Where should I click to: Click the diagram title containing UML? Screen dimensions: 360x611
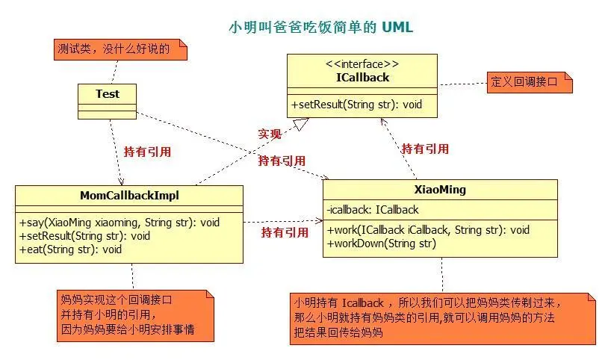320,28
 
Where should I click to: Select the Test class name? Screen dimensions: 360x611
108,94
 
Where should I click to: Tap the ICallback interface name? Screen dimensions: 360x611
363,77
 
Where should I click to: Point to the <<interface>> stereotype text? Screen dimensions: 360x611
363,64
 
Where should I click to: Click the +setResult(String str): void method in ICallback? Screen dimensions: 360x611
357,105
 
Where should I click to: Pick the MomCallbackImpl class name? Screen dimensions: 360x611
128,196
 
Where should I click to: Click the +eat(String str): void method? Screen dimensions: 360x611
71,249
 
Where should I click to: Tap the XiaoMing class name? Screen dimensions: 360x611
440,190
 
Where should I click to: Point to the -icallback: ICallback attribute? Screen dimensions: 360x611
373,210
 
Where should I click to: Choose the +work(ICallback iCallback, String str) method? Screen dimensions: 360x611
428,230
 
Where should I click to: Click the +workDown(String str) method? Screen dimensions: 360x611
381,243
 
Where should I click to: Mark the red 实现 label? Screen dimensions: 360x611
270,134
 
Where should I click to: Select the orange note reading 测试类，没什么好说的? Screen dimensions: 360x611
118,50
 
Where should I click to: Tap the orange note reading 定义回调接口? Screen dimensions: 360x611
529,82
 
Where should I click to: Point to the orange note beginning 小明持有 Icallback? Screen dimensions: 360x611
442,317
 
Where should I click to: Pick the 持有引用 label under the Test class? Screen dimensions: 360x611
147,152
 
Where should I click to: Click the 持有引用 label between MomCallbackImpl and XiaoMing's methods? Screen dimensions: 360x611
285,232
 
